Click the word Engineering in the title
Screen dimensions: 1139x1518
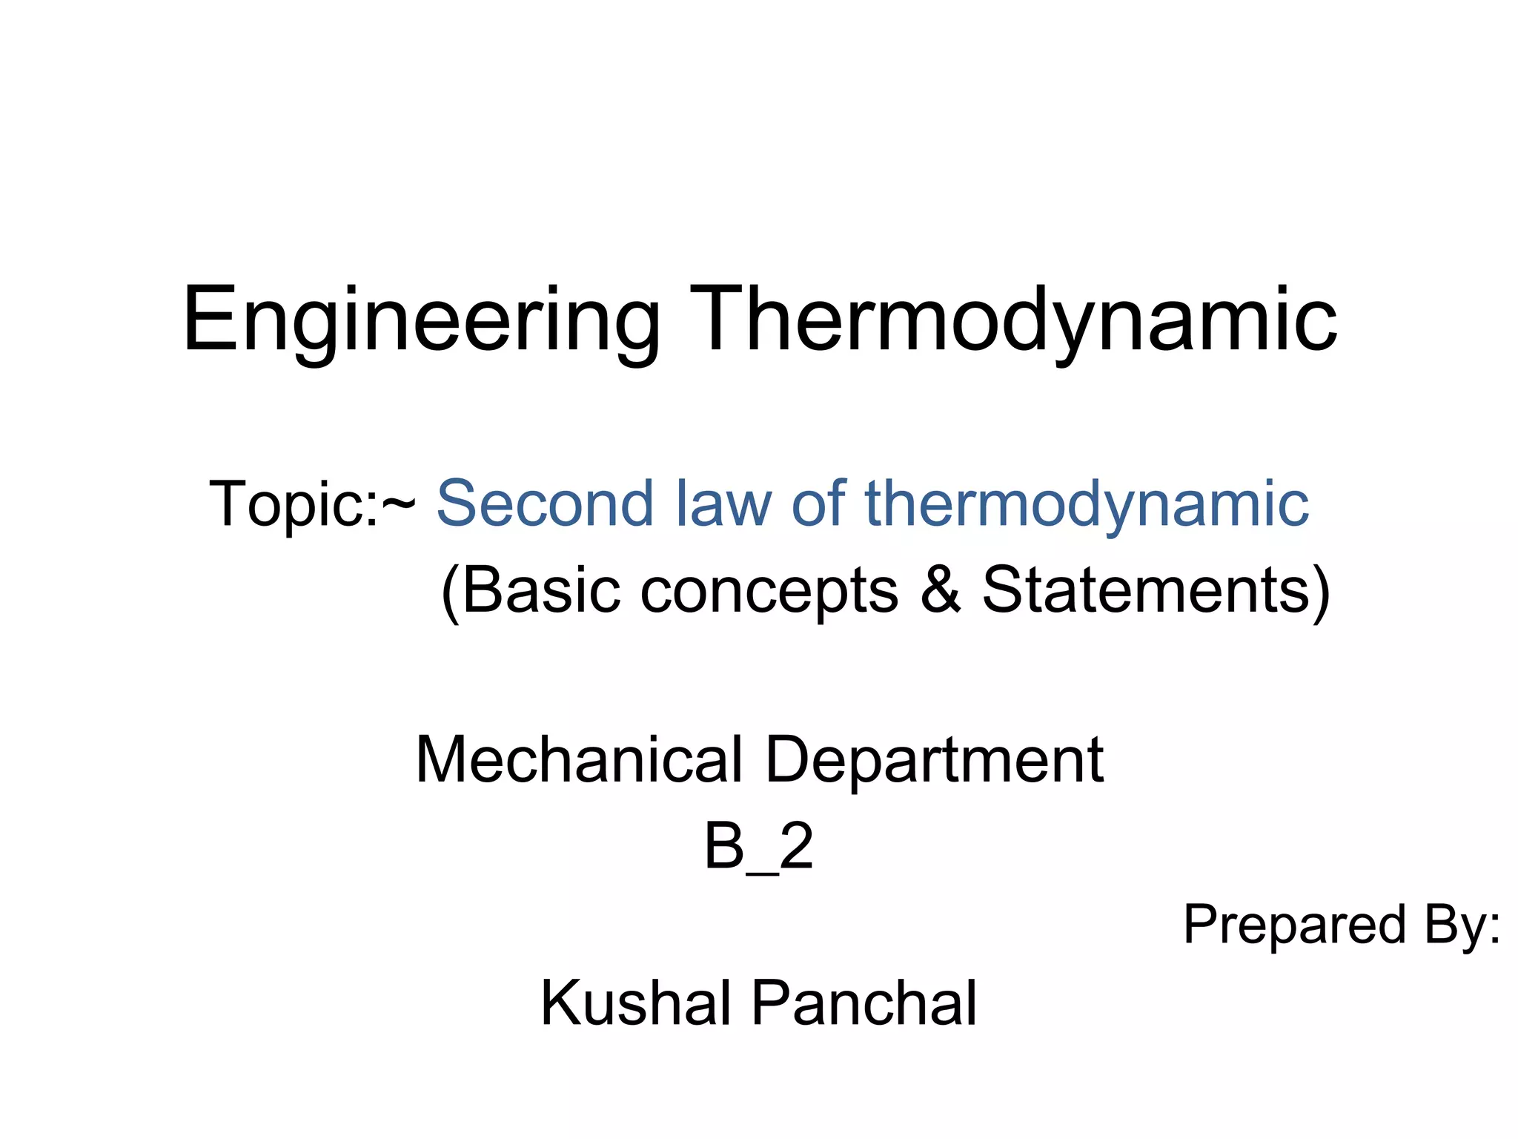point(421,320)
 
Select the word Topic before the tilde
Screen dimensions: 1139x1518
point(293,504)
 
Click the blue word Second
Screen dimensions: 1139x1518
point(545,504)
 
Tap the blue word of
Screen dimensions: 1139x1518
point(818,504)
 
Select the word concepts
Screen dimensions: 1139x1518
point(769,592)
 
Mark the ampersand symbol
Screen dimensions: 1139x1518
point(941,590)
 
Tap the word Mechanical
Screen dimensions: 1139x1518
point(578,759)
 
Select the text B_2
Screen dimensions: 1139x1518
point(758,847)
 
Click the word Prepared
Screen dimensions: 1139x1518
point(1294,925)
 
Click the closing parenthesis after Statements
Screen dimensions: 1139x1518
point(1320,592)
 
